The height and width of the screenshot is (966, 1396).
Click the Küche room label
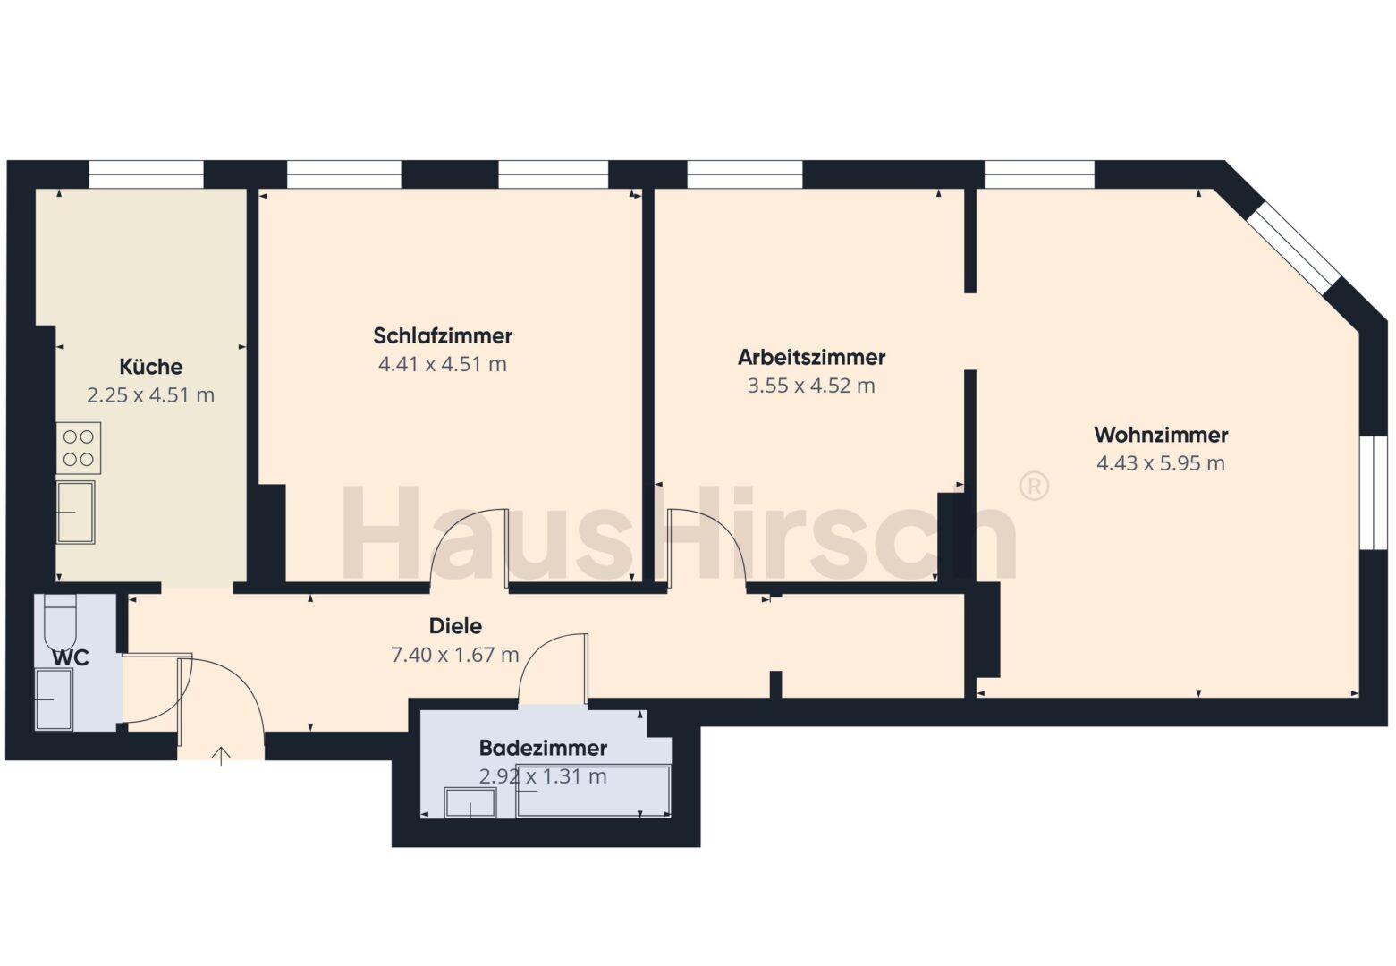click(x=151, y=367)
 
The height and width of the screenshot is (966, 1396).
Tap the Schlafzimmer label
click(x=443, y=336)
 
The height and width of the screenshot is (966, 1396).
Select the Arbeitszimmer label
click(x=811, y=357)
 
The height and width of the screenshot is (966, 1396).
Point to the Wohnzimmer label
click(x=1161, y=435)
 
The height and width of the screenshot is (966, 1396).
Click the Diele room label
click(x=455, y=626)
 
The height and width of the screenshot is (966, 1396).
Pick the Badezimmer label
click(x=543, y=748)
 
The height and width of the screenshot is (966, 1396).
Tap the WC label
click(x=71, y=657)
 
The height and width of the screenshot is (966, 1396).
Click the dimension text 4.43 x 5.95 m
click(x=1161, y=463)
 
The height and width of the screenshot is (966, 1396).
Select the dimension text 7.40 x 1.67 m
click(x=455, y=655)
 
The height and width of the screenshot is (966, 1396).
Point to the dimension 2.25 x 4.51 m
click(x=151, y=395)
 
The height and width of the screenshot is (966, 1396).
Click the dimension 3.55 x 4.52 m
click(x=811, y=386)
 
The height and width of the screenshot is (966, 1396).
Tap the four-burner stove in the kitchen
click(x=79, y=448)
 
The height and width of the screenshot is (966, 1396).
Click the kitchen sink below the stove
click(x=76, y=513)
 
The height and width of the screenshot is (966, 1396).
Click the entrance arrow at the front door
click(x=221, y=755)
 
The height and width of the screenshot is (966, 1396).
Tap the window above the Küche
click(x=147, y=174)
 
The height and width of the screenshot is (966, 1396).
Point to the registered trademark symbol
click(x=1034, y=486)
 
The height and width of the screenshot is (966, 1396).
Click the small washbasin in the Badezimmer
click(x=470, y=802)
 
